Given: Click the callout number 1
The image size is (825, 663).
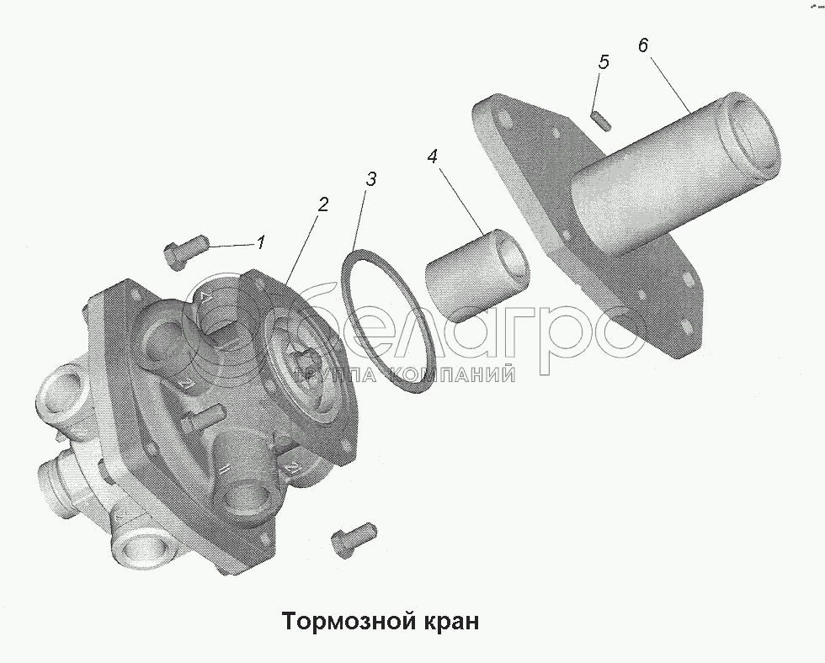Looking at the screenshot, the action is (261, 242).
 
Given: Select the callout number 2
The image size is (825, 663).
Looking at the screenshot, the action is (322, 204).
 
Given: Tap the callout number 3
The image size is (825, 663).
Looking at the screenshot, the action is (371, 178).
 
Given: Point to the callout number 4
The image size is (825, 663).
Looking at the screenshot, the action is (433, 156).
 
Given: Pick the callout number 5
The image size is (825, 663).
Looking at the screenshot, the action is (604, 62).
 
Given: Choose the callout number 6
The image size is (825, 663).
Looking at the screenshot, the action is (643, 45).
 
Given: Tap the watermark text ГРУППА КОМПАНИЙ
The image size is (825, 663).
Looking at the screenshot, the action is (406, 374).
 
